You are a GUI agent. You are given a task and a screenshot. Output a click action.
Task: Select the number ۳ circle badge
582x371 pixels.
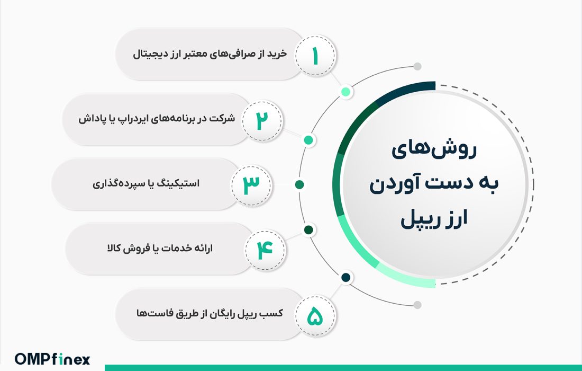[252, 184]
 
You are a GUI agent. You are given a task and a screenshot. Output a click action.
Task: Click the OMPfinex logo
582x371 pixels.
[52, 359]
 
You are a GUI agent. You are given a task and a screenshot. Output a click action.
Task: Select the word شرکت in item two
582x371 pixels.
[222, 119]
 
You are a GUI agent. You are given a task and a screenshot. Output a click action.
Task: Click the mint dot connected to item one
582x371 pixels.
[346, 92]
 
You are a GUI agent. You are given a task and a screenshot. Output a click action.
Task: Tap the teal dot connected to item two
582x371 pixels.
[308, 140]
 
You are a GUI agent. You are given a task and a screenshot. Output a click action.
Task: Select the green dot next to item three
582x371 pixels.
[299, 184]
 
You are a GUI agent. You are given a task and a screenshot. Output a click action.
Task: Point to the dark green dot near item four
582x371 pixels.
[308, 230]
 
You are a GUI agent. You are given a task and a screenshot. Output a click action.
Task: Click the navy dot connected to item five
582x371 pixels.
[346, 277]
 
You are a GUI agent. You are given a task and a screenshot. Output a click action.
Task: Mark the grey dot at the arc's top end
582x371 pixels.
[417, 67]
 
